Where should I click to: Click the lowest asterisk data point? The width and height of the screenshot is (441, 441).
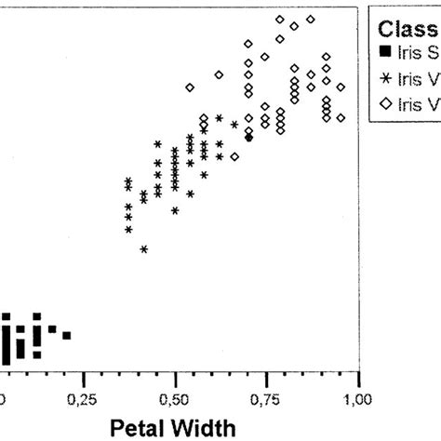point(144,249)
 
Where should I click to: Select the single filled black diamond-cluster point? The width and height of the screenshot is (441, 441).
point(248,138)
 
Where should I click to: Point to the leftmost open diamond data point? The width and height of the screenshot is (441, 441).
point(190,87)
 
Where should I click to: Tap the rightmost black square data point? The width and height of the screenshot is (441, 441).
point(67,335)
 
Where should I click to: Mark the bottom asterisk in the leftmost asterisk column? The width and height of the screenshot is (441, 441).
point(128,229)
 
